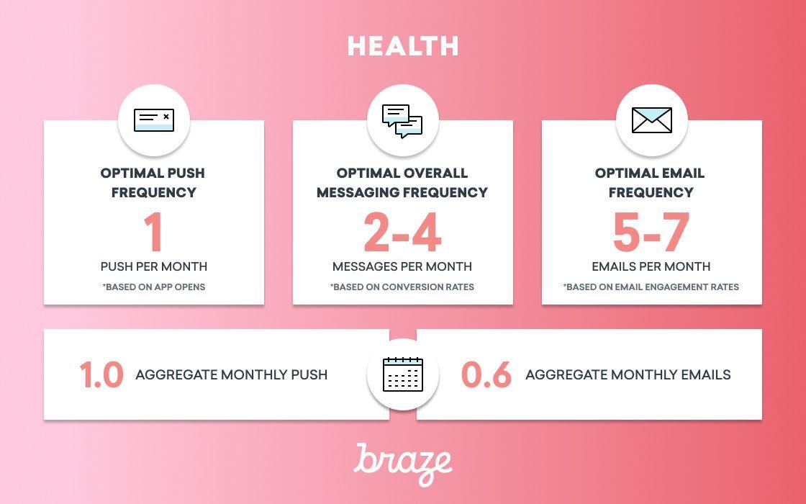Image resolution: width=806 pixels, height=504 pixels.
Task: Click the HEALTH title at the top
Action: point(403,46)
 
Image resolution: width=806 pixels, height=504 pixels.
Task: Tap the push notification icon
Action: point(154,120)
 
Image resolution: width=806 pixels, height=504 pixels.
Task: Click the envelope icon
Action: point(651,120)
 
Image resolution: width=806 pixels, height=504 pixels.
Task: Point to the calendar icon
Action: point(403,374)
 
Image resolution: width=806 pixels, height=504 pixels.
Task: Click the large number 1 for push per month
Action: point(154,232)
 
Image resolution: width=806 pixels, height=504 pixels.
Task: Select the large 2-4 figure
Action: point(402,232)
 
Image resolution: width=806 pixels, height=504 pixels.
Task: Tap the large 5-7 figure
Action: point(651,232)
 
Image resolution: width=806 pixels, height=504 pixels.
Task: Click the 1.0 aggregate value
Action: point(101,374)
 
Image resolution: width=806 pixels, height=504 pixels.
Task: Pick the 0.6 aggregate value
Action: point(486,374)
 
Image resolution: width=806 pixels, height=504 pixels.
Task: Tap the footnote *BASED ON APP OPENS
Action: point(154,287)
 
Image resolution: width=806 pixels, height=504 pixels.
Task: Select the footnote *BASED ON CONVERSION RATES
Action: point(402,287)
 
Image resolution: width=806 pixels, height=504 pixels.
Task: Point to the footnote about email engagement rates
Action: point(651,287)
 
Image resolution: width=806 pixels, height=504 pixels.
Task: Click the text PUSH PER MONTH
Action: point(154,266)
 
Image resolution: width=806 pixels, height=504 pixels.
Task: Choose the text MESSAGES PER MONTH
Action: point(402,266)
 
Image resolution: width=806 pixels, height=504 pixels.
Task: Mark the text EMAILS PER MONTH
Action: point(651,266)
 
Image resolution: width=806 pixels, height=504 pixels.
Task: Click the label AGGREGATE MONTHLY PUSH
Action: point(231,374)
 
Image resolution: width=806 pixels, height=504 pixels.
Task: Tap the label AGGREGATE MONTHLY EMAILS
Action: point(628,374)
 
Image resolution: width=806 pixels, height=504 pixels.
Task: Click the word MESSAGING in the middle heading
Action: point(357,192)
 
